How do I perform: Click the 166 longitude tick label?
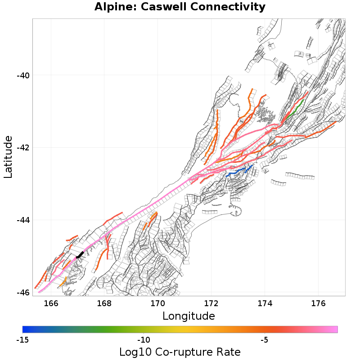pyautogui.click(x=51, y=303)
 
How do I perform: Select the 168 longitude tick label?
pyautogui.click(x=104, y=303)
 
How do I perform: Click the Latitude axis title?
pyautogui.click(x=9, y=158)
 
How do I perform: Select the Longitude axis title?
pyautogui.click(x=189, y=316)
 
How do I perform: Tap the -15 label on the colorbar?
pyautogui.click(x=22, y=339)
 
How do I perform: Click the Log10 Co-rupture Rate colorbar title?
pyautogui.click(x=180, y=352)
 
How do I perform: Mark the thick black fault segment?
pyautogui.click(x=80, y=255)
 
